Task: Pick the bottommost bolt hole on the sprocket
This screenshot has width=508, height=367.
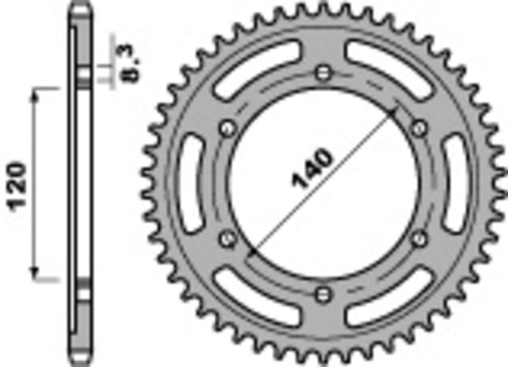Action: coord(322,294)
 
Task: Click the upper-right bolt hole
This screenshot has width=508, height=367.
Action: coord(418,127)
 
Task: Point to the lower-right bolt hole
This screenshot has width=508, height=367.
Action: coord(418,238)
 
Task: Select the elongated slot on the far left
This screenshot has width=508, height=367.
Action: coord(189,182)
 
